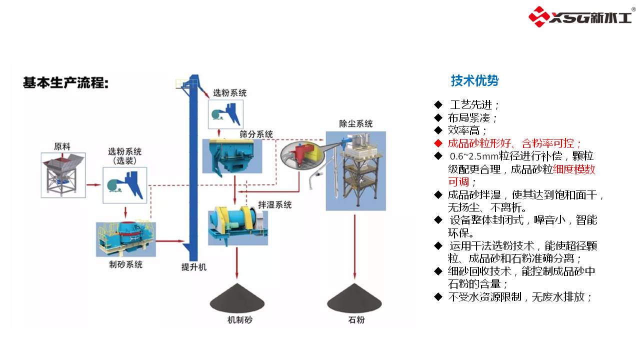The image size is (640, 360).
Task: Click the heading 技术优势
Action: [474, 80]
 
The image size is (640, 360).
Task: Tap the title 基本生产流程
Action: [65, 83]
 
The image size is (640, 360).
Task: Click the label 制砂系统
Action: [125, 264]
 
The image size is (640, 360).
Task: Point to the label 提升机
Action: [193, 267]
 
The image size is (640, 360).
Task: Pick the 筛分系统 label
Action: [256, 134]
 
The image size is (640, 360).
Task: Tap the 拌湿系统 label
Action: [274, 204]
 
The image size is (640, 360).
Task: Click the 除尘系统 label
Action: [355, 123]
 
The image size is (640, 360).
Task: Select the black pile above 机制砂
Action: [237, 299]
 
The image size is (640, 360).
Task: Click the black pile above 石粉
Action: [355, 299]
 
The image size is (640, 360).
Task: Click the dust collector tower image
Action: [355, 170]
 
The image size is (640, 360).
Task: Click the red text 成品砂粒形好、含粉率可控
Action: [514, 143]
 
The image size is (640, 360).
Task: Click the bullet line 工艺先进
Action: [474, 105]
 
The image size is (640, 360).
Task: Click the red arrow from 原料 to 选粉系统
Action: [93, 184]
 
